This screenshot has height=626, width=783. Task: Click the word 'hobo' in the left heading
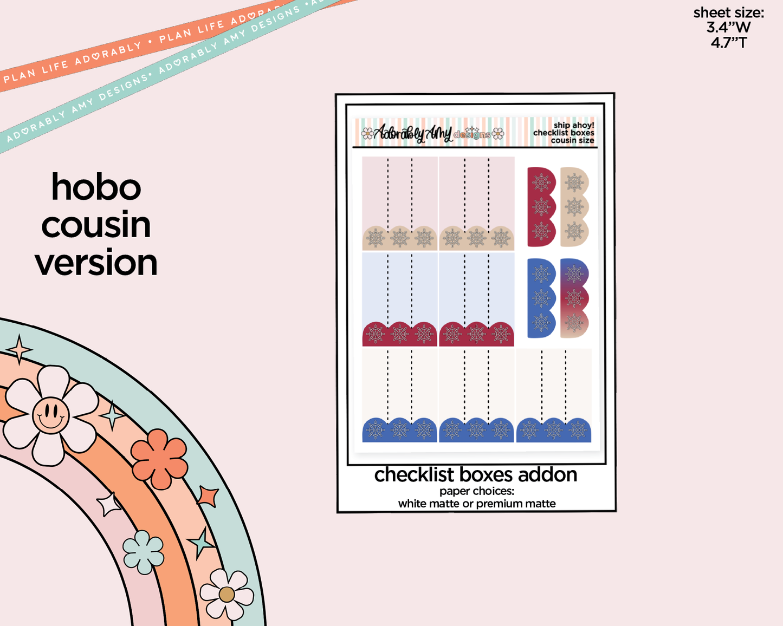click(x=96, y=188)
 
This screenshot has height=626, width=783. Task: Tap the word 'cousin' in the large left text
click(x=96, y=225)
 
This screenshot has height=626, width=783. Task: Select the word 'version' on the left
click(x=96, y=263)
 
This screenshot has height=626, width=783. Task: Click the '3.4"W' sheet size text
click(x=728, y=27)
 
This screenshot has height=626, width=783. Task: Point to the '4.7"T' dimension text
click(x=728, y=42)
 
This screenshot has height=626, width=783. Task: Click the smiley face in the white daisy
click(x=50, y=415)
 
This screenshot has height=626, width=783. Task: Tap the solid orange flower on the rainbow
click(x=159, y=459)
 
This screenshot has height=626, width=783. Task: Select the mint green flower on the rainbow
click(x=143, y=552)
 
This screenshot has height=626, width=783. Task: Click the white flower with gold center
click(x=227, y=595)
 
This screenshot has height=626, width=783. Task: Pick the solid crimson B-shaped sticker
click(x=540, y=207)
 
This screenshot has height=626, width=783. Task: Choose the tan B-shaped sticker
click(x=573, y=207)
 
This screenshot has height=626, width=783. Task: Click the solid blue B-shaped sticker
click(x=540, y=298)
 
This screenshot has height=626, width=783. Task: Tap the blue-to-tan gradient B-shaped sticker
click(x=573, y=298)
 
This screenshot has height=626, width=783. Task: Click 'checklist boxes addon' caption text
click(x=475, y=475)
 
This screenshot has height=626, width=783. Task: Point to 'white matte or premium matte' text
click(x=476, y=504)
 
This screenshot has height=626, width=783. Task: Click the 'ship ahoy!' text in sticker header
click(x=573, y=125)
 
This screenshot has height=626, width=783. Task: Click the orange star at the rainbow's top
click(x=20, y=349)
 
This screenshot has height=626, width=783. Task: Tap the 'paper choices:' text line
click(x=476, y=491)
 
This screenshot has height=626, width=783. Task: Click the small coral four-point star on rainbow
click(x=208, y=495)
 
